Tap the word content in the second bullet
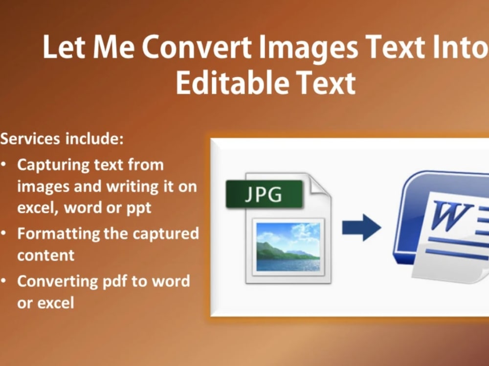[x=46, y=255]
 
